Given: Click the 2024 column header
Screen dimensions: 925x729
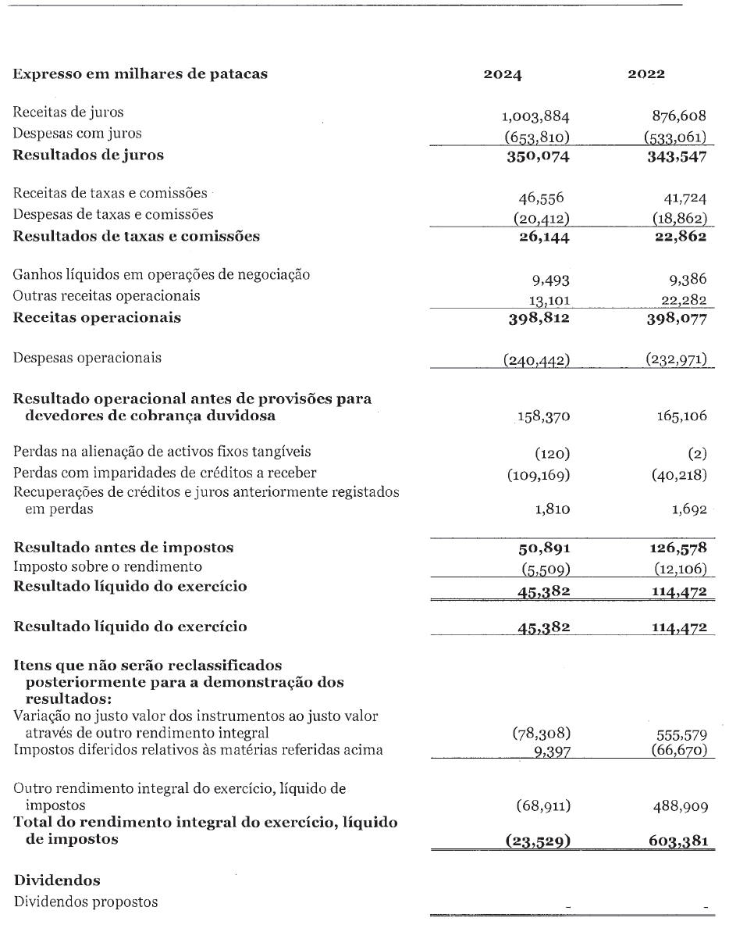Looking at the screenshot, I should click(x=503, y=75).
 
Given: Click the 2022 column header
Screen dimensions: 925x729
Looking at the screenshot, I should click(x=646, y=75).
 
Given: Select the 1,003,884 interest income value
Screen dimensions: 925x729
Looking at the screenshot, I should click(x=535, y=117).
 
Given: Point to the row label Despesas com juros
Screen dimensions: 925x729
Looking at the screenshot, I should click(x=78, y=133).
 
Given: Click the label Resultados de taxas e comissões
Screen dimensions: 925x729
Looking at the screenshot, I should click(x=137, y=235).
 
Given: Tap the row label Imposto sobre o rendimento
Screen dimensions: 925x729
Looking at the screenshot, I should click(x=108, y=566).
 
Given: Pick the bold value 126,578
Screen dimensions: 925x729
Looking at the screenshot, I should click(x=679, y=548).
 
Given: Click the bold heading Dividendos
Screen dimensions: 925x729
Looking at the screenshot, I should click(x=57, y=880).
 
